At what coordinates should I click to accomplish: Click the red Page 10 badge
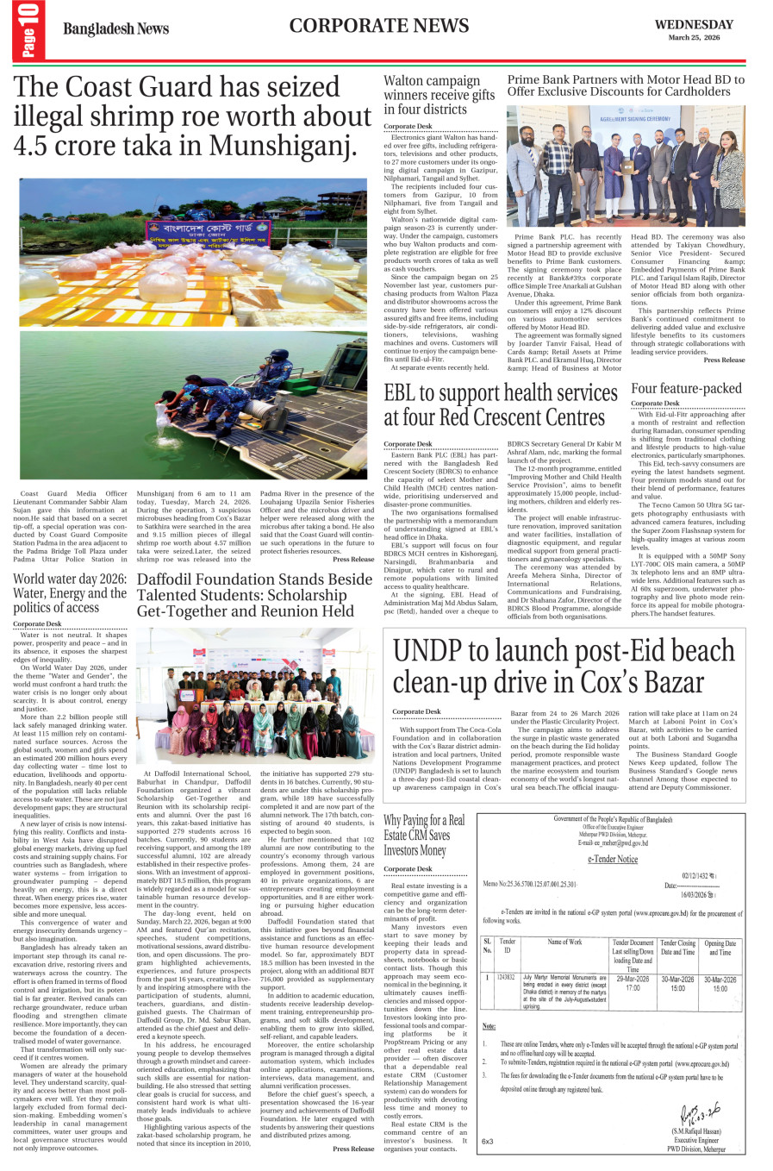(x=28, y=31)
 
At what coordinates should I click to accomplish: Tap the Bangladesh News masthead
(x=115, y=29)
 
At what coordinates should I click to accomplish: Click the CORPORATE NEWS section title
(x=379, y=26)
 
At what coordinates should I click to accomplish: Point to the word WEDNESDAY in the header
(x=694, y=25)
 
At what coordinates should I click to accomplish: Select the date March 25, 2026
(x=694, y=38)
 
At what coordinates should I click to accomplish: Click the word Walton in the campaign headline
(x=405, y=81)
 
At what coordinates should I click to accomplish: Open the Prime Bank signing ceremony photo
(x=626, y=166)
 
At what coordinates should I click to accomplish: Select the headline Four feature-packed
(x=686, y=388)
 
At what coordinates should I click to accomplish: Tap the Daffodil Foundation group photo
(x=255, y=695)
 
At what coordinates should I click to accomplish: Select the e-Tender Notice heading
(x=613, y=859)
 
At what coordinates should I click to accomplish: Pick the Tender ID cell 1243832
(x=507, y=977)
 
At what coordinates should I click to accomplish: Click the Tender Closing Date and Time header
(x=677, y=948)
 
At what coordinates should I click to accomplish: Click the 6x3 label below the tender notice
(x=488, y=1141)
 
